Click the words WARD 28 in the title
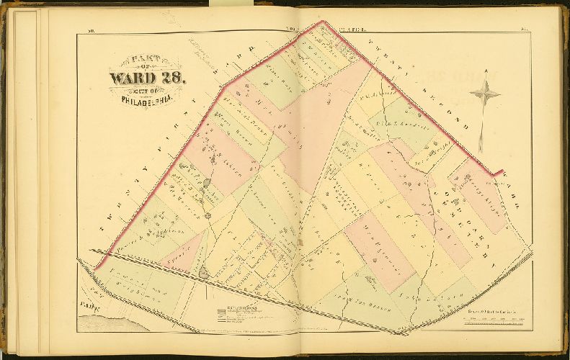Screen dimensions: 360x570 point(147,77)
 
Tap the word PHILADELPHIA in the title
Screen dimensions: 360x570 point(146,99)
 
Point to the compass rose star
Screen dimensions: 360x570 point(485,92)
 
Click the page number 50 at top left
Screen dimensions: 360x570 point(92,30)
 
